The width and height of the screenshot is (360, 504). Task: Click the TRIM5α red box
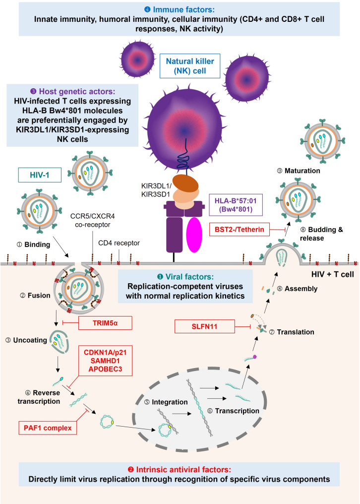pyautogui.click(x=105, y=323)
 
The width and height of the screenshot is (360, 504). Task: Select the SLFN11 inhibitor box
pyautogui.click(x=204, y=326)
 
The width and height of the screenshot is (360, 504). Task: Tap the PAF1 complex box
pyautogui.click(x=48, y=428)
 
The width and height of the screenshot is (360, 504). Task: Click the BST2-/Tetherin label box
pyautogui.click(x=240, y=230)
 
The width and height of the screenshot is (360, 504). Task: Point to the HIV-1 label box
pyautogui.click(x=40, y=175)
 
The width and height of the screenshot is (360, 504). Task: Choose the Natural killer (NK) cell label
pyautogui.click(x=190, y=66)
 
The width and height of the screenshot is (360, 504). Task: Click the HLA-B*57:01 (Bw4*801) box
pyautogui.click(x=236, y=205)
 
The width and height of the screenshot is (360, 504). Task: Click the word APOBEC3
pyautogui.click(x=105, y=369)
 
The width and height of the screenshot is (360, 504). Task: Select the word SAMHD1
pyautogui.click(x=105, y=361)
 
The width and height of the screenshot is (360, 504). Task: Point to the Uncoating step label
pyautogui.click(x=26, y=340)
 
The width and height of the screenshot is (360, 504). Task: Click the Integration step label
pyautogui.click(x=166, y=402)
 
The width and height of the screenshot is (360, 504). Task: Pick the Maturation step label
pyautogui.click(x=299, y=171)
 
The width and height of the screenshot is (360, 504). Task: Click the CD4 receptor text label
pyautogui.click(x=119, y=243)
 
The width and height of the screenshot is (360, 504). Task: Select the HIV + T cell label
pyautogui.click(x=333, y=274)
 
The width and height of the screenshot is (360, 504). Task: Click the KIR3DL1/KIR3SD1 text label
pyautogui.click(x=157, y=190)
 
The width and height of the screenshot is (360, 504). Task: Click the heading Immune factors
pyautogui.click(x=180, y=9)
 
